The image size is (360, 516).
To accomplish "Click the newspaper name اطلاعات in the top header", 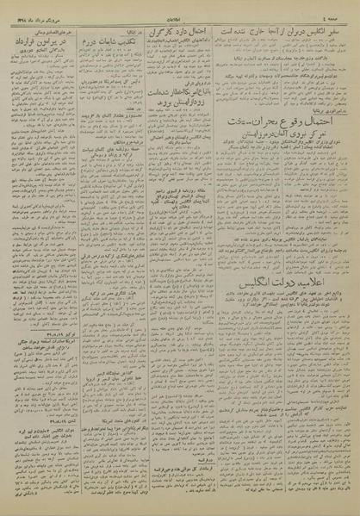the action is pyautogui.click(x=180, y=10).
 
